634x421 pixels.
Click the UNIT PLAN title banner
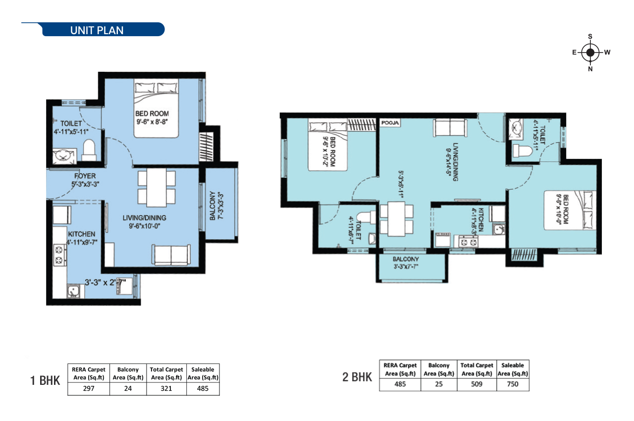click(x=97, y=30)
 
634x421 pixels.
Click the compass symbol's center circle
click(x=590, y=53)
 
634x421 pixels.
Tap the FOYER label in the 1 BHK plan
click(x=85, y=176)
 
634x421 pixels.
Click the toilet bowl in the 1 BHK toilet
click(x=89, y=151)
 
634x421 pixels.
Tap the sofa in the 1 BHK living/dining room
click(x=171, y=256)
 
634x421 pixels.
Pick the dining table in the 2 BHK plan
click(x=396, y=216)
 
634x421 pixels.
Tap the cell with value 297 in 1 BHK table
click(x=89, y=389)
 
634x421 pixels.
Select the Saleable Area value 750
click(x=513, y=384)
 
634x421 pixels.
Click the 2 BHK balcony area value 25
click(x=438, y=384)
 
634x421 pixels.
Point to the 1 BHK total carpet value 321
click(x=166, y=389)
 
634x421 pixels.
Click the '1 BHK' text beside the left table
click(x=45, y=381)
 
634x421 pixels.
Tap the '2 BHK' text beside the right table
click(x=357, y=377)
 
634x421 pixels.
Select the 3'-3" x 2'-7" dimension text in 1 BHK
click(x=105, y=282)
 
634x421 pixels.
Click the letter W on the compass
click(x=607, y=52)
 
